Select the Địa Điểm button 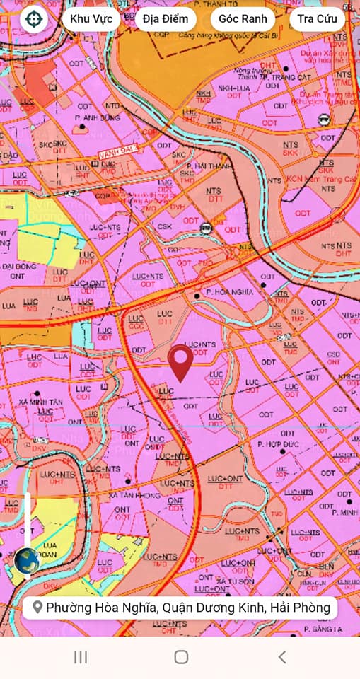point(165,19)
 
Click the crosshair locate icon point(32,19)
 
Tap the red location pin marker point(180,361)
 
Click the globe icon point(27,561)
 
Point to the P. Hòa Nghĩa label point(229,291)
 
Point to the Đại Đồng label point(22,267)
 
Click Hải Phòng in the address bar point(303,608)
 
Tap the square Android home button point(181,657)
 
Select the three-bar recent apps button point(81,657)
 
